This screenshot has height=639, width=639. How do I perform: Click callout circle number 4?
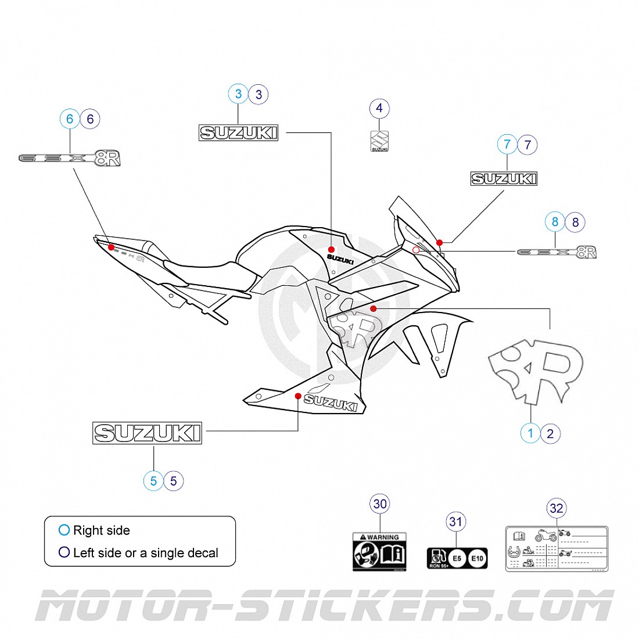(x=379, y=108)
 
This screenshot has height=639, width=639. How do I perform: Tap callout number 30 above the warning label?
(x=380, y=504)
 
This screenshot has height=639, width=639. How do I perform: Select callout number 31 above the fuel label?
(x=455, y=522)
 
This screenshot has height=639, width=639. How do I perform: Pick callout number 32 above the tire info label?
(x=556, y=509)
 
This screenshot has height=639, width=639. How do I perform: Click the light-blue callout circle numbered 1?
(x=530, y=433)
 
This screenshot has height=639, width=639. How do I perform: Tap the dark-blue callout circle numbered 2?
(x=550, y=433)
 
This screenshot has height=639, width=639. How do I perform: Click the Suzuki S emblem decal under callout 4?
(x=379, y=141)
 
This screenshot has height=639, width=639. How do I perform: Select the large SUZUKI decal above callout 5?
(x=147, y=433)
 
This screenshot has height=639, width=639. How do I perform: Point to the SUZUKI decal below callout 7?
(x=503, y=179)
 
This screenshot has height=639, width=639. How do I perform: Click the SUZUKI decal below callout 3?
(x=238, y=133)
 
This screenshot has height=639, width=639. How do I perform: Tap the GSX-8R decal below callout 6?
(x=70, y=159)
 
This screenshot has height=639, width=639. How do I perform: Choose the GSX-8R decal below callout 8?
(x=557, y=252)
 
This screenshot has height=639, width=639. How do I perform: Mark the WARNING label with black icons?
(x=379, y=552)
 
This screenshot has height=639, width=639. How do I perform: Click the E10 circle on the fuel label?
(x=477, y=558)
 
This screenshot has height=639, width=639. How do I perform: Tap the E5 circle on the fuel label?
(x=457, y=558)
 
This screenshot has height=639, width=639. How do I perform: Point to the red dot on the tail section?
(x=111, y=247)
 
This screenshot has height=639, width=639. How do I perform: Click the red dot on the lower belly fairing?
(x=298, y=396)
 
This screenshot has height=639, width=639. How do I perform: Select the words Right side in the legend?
(x=101, y=530)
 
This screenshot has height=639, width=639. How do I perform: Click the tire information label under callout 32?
(x=556, y=549)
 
